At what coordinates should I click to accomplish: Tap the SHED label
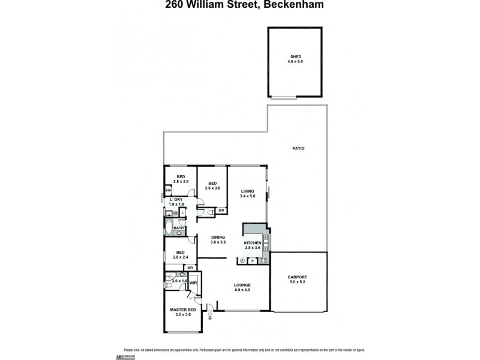[295, 57]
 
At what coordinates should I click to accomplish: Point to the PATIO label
[298, 148]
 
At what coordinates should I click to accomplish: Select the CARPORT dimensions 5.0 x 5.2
[298, 281]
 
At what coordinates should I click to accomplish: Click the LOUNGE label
[242, 284]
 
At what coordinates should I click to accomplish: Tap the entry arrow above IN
[209, 312]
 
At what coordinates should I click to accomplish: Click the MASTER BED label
[180, 310]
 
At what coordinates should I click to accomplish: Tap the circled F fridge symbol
[241, 260]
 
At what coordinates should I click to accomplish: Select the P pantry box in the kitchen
[253, 260]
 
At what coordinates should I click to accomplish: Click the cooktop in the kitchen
[264, 260]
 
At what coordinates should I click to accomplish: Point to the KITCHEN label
[253, 242]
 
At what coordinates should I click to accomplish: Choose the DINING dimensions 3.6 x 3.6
[218, 242]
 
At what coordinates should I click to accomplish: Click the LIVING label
[248, 191]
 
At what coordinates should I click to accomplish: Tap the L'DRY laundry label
[176, 200]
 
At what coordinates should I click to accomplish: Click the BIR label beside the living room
[221, 211]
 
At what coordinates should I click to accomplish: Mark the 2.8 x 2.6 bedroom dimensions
[181, 181]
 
